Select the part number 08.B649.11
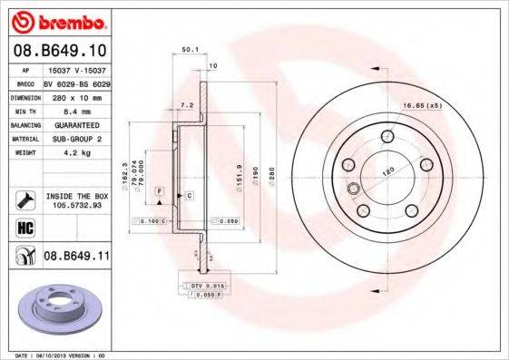click(x=76, y=256)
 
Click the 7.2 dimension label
click(x=189, y=106)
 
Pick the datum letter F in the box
click(x=158, y=191)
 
